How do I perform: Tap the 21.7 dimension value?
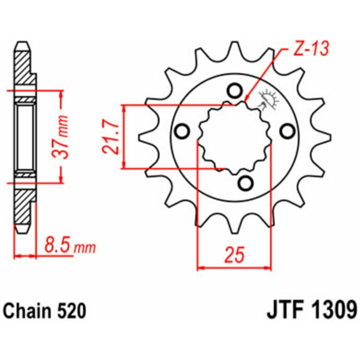(x=111, y=137)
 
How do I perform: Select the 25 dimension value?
(x=234, y=255)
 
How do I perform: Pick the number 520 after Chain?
(x=71, y=311)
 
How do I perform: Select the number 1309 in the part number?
(x=332, y=311)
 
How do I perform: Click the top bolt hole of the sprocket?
(x=234, y=91)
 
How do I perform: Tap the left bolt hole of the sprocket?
(x=182, y=131)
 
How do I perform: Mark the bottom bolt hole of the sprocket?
(x=245, y=183)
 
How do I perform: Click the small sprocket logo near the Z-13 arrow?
(x=268, y=99)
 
